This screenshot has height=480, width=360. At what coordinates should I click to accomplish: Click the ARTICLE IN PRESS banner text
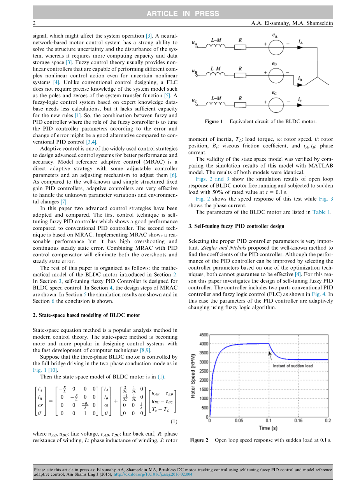(183, 14)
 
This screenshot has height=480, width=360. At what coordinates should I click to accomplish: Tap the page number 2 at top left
(34, 24)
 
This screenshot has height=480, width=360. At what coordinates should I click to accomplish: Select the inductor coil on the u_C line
(216, 103)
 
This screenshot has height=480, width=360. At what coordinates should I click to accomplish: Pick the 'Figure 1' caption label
(214, 122)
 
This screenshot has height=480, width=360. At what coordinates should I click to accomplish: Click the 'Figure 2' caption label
(199, 440)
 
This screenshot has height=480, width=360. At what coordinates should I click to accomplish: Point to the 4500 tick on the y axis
(204, 335)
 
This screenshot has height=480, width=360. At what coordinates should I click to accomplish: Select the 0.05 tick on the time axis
(239, 420)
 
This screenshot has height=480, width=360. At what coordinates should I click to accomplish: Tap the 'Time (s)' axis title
(268, 428)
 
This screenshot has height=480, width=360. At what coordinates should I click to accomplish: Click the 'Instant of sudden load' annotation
(293, 366)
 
